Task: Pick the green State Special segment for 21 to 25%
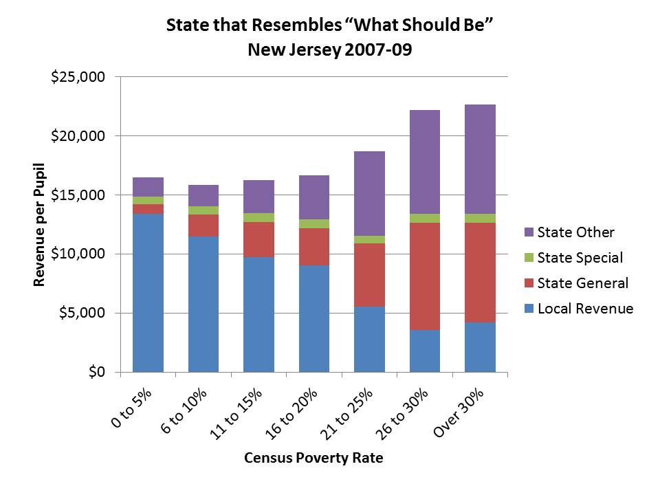(369, 239)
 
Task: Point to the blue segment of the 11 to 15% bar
(258, 314)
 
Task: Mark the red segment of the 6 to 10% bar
(203, 225)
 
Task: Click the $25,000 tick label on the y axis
(78, 77)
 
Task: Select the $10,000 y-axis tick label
(78, 254)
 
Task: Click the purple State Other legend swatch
(527, 233)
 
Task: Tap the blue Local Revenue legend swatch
(527, 309)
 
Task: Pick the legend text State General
(582, 283)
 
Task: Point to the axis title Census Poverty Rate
(313, 459)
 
